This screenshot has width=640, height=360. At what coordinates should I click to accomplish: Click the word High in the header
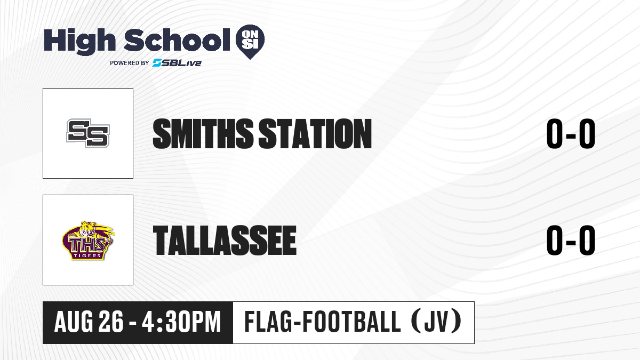coord(80,41)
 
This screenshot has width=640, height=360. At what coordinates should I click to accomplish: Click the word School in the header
coord(177,39)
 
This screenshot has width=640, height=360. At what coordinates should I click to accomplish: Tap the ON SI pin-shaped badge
coord(250,42)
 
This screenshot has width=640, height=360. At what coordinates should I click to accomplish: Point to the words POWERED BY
coord(130,63)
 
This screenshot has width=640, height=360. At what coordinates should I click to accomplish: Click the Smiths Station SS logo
coord(88,133)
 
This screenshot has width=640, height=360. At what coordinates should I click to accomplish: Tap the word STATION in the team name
coord(315,133)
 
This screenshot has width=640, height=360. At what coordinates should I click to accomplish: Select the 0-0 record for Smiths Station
coord(571,133)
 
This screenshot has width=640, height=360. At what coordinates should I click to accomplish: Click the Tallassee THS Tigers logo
coord(88,241)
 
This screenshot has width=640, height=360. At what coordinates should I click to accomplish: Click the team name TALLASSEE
coord(225,240)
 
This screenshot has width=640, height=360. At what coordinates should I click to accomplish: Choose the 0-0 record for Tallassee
coord(571,240)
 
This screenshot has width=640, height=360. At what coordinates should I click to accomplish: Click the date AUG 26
coord(89,322)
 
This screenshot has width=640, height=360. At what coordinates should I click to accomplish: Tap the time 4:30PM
coord(181,322)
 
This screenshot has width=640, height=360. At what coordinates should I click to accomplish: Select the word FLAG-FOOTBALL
coord(323,322)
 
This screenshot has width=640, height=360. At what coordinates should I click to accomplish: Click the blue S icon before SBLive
coord(157,62)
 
